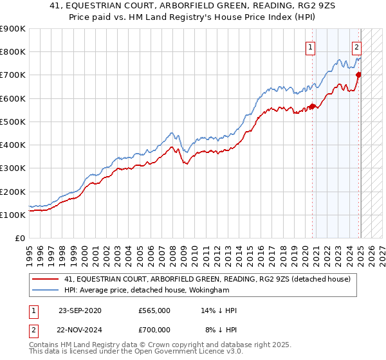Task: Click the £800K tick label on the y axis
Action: (x=13, y=52)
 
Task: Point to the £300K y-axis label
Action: (x=13, y=168)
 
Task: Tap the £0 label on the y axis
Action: (x=19, y=239)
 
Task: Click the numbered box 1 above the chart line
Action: (x=311, y=46)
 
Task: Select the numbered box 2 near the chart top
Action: (x=356, y=46)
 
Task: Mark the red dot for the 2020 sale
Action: (x=313, y=107)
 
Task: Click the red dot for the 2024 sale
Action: (x=359, y=75)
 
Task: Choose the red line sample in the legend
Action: (x=46, y=279)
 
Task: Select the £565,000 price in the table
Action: (x=154, y=310)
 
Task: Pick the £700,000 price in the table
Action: (x=154, y=328)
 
